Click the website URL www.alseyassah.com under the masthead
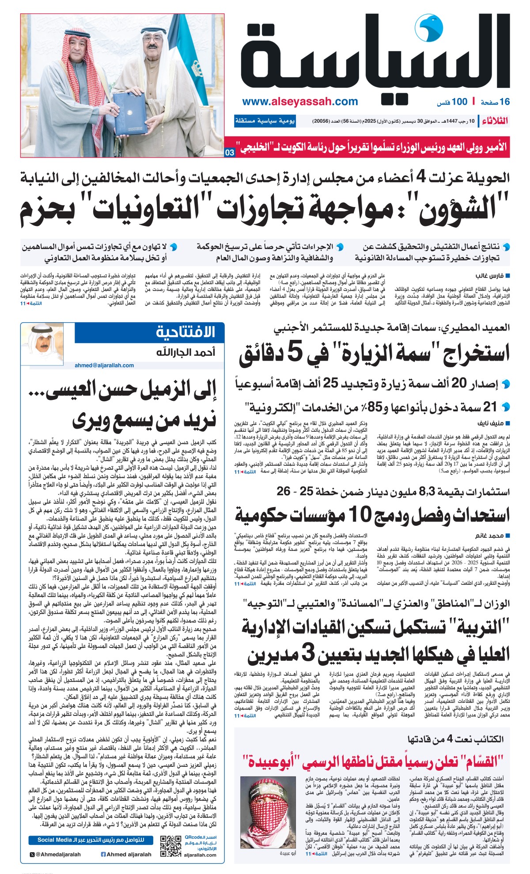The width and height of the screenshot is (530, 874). (300, 102)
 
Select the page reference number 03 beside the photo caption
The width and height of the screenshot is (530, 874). (230, 153)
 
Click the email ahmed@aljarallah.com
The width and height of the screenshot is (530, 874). (104, 365)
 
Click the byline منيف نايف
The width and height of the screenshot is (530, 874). (491, 423)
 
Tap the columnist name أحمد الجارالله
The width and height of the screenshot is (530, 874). (185, 352)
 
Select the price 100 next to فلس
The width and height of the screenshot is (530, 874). (459, 102)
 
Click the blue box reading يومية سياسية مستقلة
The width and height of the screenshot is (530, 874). (265, 121)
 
